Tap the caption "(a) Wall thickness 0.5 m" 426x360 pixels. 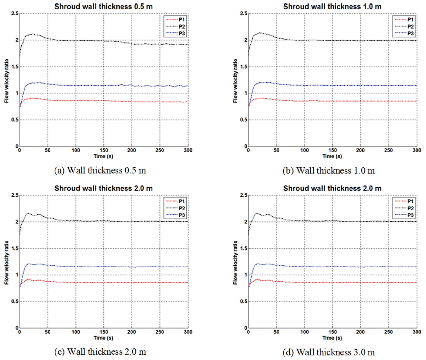pos(100,171)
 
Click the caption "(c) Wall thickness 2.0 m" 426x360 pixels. pos(100,352)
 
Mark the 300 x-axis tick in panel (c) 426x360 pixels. pos(187,332)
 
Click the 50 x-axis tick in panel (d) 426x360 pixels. pos(276,332)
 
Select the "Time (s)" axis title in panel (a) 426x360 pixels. pos(103,156)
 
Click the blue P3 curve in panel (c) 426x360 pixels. pos(123,267)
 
